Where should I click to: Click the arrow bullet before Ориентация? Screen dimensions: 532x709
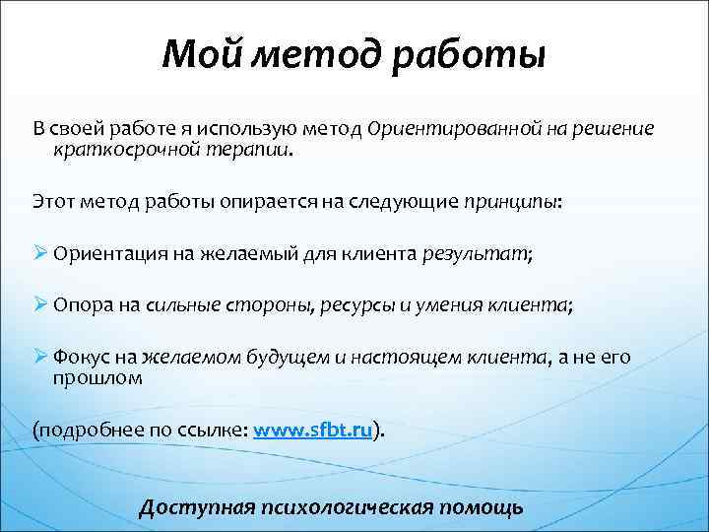41,252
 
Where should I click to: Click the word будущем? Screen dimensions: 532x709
293,359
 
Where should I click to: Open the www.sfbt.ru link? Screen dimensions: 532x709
314,431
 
